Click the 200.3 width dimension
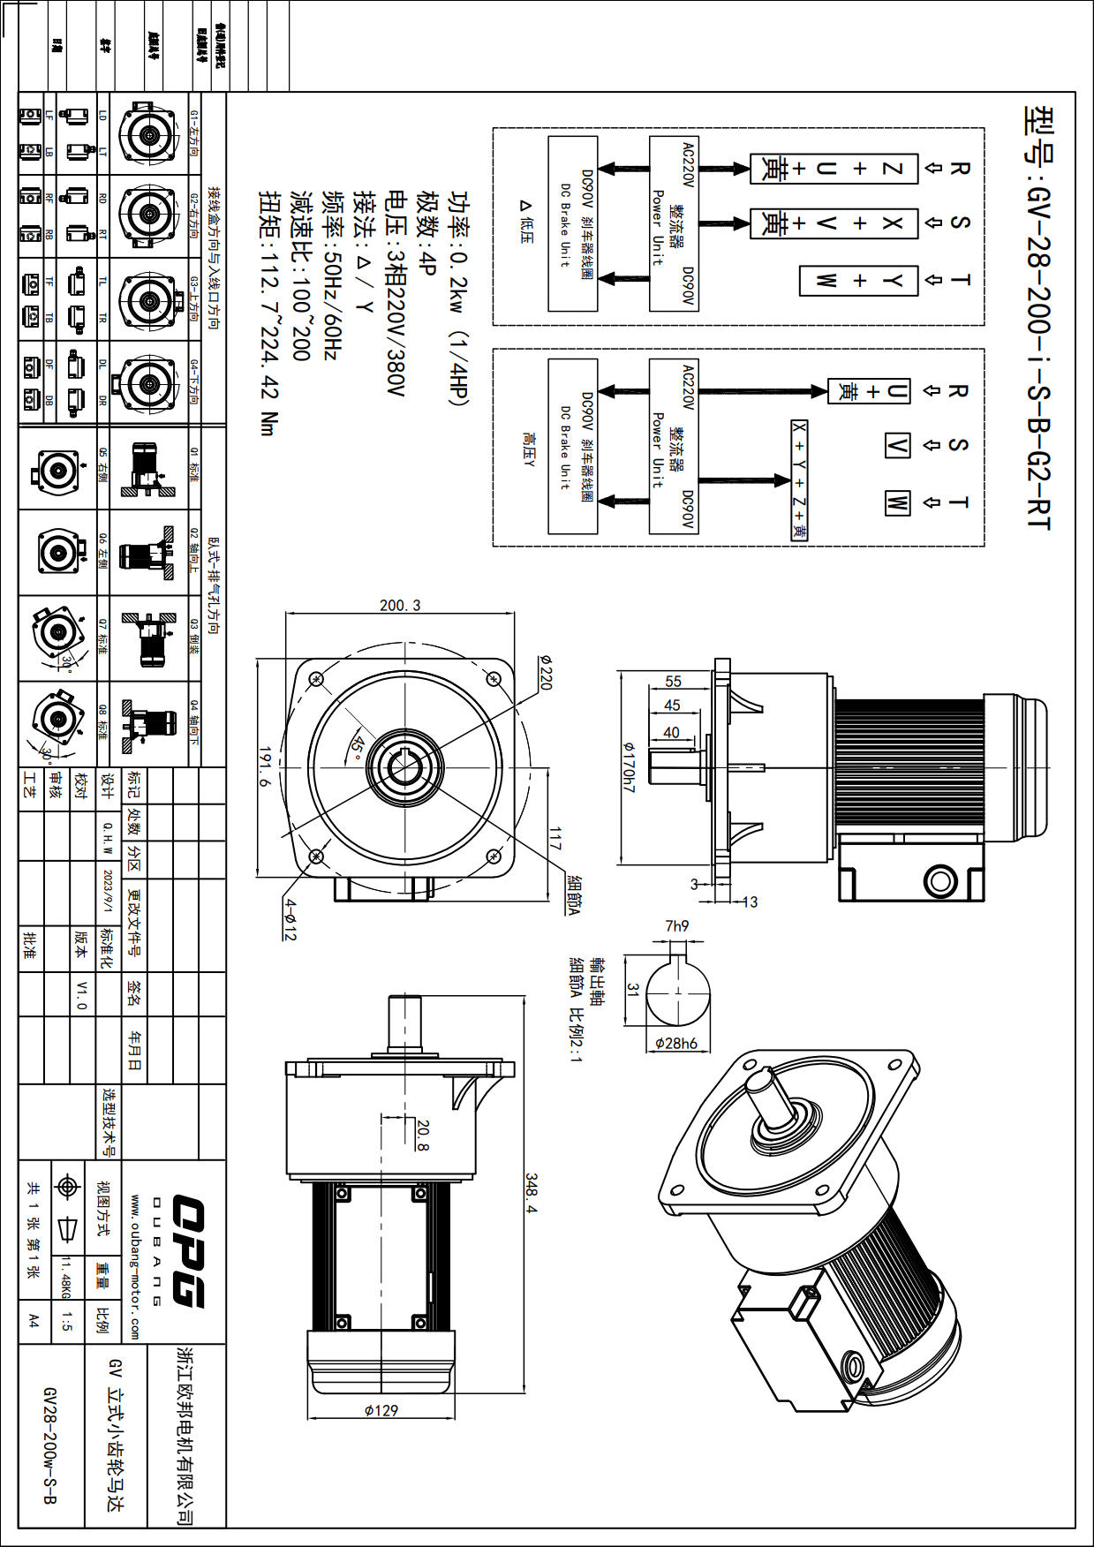click(x=400, y=606)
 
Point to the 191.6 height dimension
click(x=266, y=766)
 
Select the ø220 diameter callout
click(x=545, y=672)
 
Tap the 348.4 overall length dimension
click(x=532, y=1193)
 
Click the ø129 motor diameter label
click(x=381, y=1410)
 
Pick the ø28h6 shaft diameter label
click(x=676, y=1043)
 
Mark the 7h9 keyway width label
click(x=677, y=926)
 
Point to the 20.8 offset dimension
click(x=423, y=1136)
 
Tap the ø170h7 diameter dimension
click(x=629, y=766)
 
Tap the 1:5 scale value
click(x=67, y=1322)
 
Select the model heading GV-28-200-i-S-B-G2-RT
click(x=1038, y=318)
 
